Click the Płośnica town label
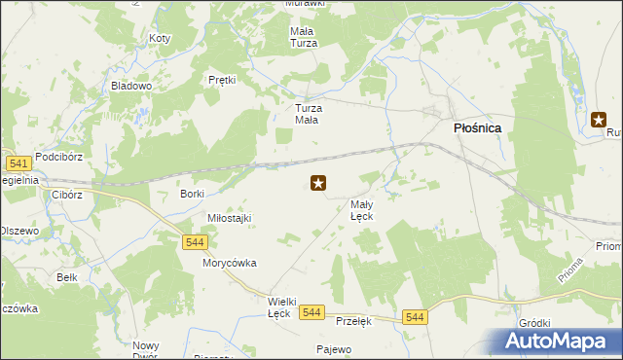[477, 126]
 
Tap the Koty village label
[160, 39]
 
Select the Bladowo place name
[131, 86]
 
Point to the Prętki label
[223, 80]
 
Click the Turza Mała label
[308, 114]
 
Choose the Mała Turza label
[304, 37]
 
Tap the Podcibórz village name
[61, 156]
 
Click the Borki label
[192, 194]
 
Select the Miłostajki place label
[229, 218]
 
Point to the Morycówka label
[229, 263]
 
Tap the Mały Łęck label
[362, 210]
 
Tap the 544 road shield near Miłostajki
[193, 242]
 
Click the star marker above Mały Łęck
[317, 182]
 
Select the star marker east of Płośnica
[599, 121]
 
